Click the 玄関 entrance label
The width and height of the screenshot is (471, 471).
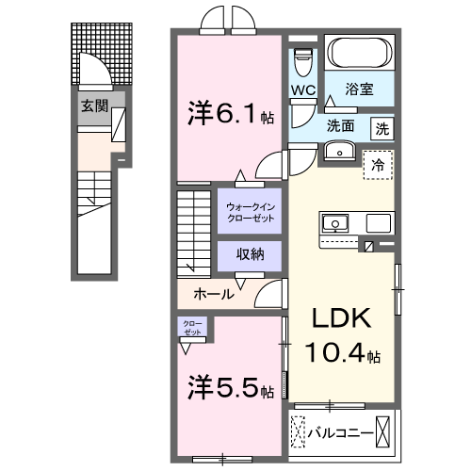click(91, 106)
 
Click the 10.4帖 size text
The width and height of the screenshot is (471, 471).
click(343, 355)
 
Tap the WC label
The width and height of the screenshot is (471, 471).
click(302, 89)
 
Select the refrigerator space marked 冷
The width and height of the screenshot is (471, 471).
click(377, 163)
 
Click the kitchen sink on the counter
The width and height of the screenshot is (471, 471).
click(336, 223)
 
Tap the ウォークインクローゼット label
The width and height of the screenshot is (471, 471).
click(250, 212)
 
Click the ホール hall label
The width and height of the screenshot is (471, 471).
click(214, 294)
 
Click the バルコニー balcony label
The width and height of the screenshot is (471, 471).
click(335, 433)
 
